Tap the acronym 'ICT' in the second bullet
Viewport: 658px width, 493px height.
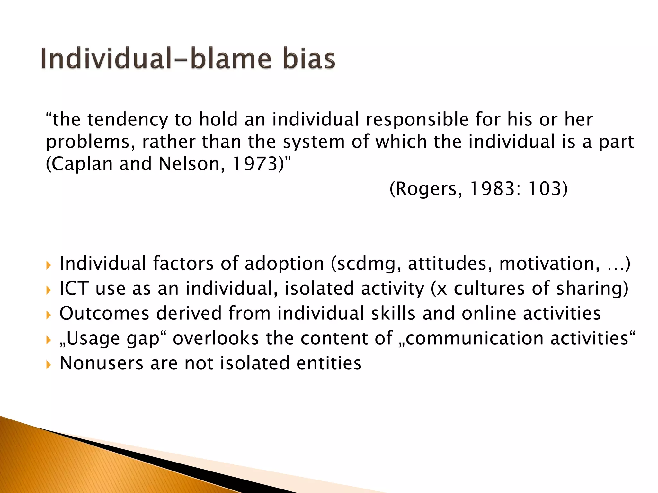coord(74,288)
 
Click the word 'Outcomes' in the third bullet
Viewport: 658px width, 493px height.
coord(104,313)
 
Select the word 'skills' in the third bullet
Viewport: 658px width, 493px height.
coord(393,313)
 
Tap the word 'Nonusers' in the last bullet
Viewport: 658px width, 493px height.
coord(102,363)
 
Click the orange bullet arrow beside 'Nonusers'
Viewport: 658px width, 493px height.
coord(49,365)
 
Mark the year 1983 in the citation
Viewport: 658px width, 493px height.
coord(492,188)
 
